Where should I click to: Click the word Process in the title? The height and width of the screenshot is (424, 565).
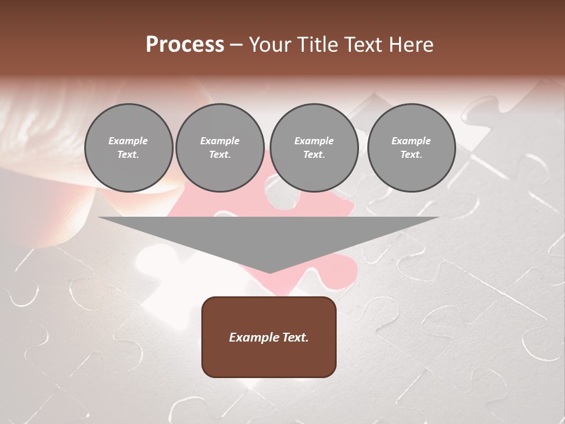(185, 45)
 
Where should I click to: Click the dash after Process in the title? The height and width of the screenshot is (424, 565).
(236, 46)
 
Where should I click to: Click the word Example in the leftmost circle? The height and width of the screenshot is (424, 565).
(128, 141)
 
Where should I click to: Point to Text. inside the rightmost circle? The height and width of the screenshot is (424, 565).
(411, 154)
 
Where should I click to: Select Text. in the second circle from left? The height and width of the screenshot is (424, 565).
(220, 154)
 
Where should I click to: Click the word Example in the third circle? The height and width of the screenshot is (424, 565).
(314, 141)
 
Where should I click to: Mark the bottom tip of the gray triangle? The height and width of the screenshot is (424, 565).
(270, 271)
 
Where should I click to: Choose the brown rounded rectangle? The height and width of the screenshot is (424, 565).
(269, 359)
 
